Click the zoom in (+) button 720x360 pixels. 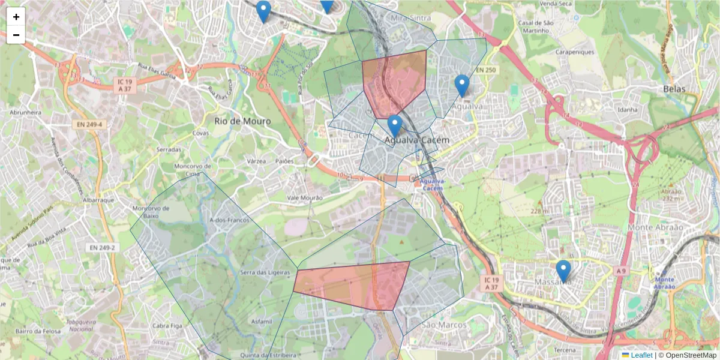(16, 17)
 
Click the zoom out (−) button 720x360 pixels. (16, 35)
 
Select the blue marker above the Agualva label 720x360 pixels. (461, 86)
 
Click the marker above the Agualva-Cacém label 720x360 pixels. (394, 126)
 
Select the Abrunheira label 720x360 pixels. (29, 112)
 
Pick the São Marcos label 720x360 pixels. (444, 325)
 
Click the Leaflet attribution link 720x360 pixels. (641, 355)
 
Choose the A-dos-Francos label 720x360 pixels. (229, 220)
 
